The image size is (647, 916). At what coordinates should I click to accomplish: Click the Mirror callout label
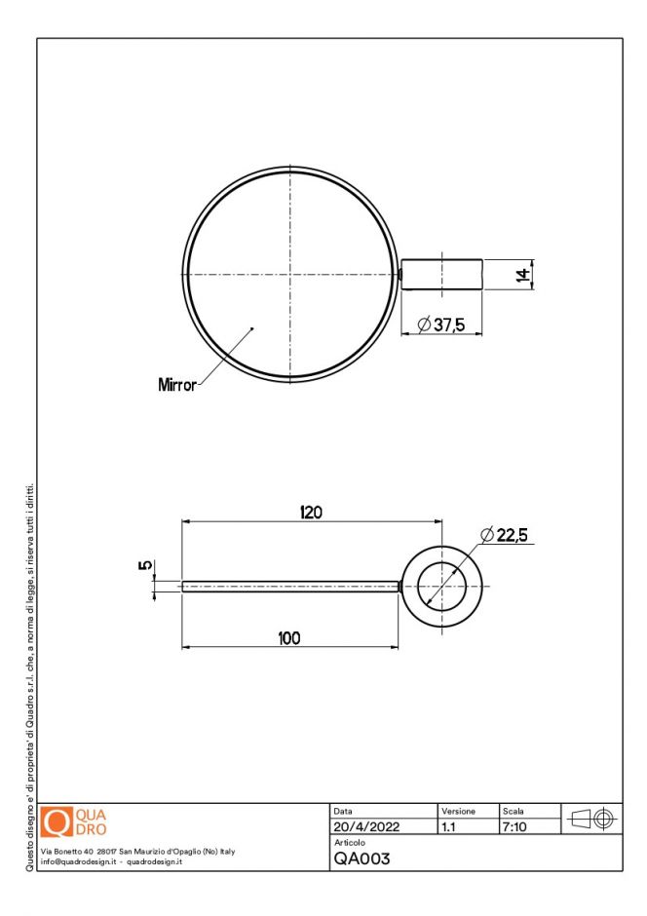[x=176, y=385]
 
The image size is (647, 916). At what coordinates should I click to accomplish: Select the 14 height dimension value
[x=522, y=275]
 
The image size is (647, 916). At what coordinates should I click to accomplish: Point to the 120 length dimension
[x=311, y=513]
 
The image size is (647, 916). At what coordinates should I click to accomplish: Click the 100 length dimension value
[x=288, y=638]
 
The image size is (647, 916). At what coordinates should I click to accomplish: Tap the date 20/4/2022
[x=365, y=827]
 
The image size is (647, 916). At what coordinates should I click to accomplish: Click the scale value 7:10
[x=514, y=827]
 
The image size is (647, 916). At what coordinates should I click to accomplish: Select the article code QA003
[x=362, y=859]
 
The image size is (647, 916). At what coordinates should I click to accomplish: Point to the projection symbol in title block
[x=591, y=820]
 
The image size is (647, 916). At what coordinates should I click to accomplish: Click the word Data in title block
[x=343, y=811]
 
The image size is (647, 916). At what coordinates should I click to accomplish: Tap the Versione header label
[x=458, y=811]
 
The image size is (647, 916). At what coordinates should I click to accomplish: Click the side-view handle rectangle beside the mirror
[x=442, y=275]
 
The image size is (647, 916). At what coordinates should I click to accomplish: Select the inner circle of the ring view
[x=449, y=586]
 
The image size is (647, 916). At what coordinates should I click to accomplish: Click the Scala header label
[x=513, y=811]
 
